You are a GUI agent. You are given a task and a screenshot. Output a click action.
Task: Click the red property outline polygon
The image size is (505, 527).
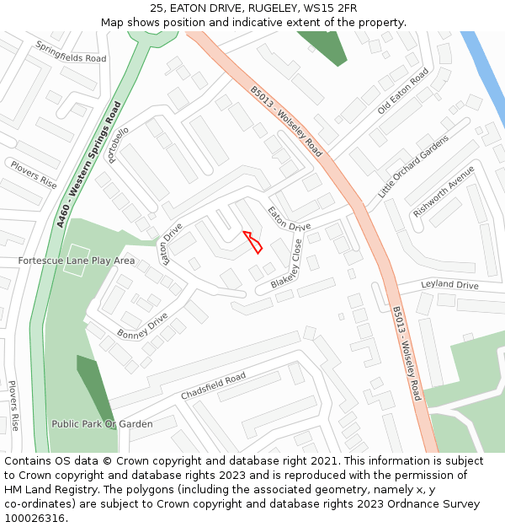(x=253, y=241)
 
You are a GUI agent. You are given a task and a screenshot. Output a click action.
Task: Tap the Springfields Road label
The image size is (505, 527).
(x=71, y=52)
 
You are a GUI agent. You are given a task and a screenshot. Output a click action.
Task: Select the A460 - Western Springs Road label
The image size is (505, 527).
(x=89, y=164)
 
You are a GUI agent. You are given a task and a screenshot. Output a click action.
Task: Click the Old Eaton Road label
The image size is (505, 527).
(x=403, y=92)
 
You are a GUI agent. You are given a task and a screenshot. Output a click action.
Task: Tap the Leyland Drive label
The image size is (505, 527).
(x=449, y=285)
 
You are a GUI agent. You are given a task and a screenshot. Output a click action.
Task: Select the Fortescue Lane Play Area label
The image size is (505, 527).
(x=77, y=261)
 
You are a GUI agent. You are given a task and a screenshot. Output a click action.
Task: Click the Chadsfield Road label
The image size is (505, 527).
(x=213, y=386)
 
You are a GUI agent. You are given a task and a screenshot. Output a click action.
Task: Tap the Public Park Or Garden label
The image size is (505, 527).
(x=102, y=424)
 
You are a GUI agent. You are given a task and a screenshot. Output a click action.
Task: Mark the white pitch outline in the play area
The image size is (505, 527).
(x=77, y=251)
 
